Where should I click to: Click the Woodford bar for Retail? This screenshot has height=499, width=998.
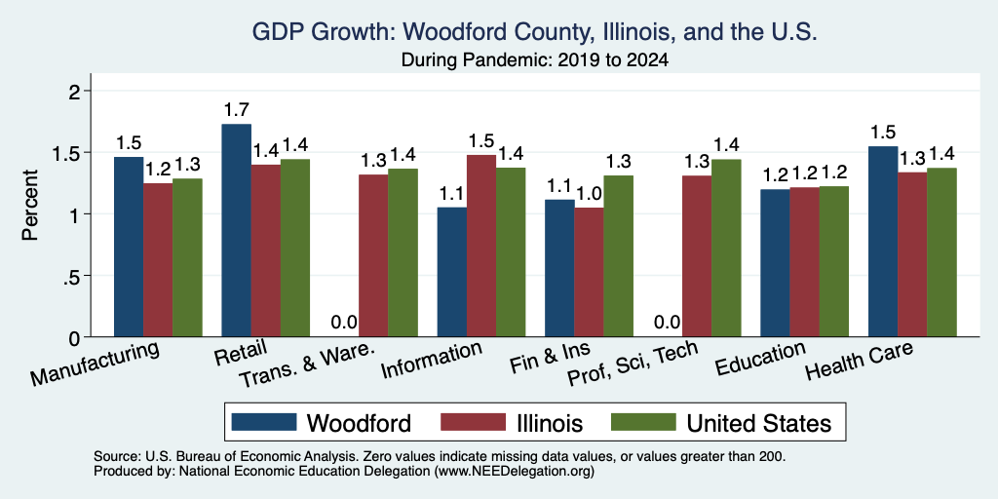click(236, 230)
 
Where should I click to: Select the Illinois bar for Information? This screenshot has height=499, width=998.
click(481, 246)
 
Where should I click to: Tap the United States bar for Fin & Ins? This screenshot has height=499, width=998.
click(618, 256)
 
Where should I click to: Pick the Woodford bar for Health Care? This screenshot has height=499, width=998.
click(883, 242)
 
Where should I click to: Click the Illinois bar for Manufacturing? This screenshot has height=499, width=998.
click(158, 259)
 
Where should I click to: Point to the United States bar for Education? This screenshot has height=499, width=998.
click(834, 261)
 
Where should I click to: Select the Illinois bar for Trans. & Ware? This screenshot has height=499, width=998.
click(373, 255)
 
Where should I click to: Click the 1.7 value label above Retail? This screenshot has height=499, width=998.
click(236, 111)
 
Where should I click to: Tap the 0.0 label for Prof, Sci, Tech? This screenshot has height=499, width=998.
click(668, 323)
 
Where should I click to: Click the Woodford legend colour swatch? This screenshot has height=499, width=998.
click(264, 422)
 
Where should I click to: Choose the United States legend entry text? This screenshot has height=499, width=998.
click(758, 423)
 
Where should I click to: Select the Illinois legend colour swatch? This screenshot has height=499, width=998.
click(473, 422)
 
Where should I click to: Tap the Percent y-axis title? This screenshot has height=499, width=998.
click(30, 205)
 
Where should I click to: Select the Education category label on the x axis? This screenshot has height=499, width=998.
click(760, 358)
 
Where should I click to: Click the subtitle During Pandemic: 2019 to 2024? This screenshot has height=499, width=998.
click(535, 61)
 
